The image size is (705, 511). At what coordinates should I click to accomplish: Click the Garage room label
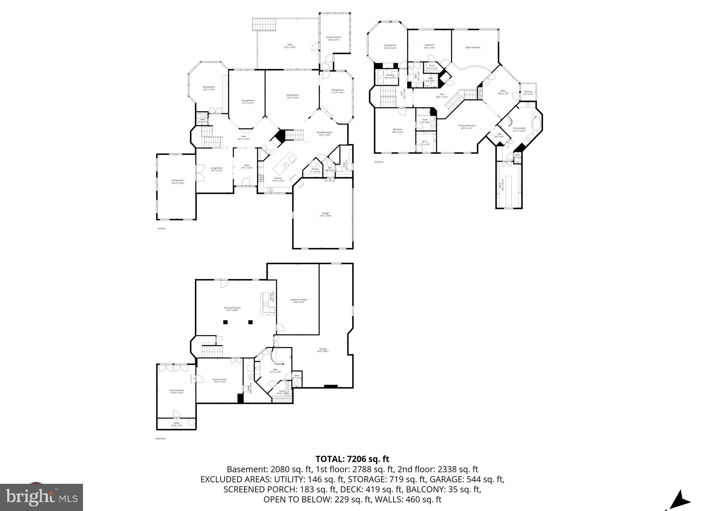(x=325, y=214)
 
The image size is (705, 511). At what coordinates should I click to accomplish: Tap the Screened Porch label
(x=333, y=38)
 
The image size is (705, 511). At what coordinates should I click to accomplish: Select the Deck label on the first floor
(x=290, y=46)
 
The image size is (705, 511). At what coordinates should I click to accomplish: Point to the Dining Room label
(x=248, y=102)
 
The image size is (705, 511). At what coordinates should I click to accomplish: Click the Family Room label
(x=293, y=96)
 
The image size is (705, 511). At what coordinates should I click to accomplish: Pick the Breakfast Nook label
(x=324, y=134)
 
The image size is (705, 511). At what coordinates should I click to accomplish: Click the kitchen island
(x=285, y=165)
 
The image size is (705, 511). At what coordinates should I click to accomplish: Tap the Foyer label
(x=247, y=166)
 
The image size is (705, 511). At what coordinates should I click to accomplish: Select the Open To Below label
(x=473, y=48)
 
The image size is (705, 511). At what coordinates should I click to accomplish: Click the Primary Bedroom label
(x=466, y=127)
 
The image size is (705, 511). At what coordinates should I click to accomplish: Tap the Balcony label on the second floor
(x=528, y=93)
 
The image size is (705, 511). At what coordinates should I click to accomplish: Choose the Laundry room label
(x=390, y=76)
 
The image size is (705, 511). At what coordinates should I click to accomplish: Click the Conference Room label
(x=298, y=301)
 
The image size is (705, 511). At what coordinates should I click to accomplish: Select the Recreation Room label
(x=232, y=309)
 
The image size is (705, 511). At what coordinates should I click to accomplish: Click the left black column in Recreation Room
(x=225, y=322)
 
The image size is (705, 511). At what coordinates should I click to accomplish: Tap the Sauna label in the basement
(x=282, y=392)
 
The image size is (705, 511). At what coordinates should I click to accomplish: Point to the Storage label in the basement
(x=323, y=350)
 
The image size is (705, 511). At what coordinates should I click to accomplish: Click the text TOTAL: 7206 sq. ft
(x=352, y=459)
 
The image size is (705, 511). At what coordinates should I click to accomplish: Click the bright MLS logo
(x=41, y=497)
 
